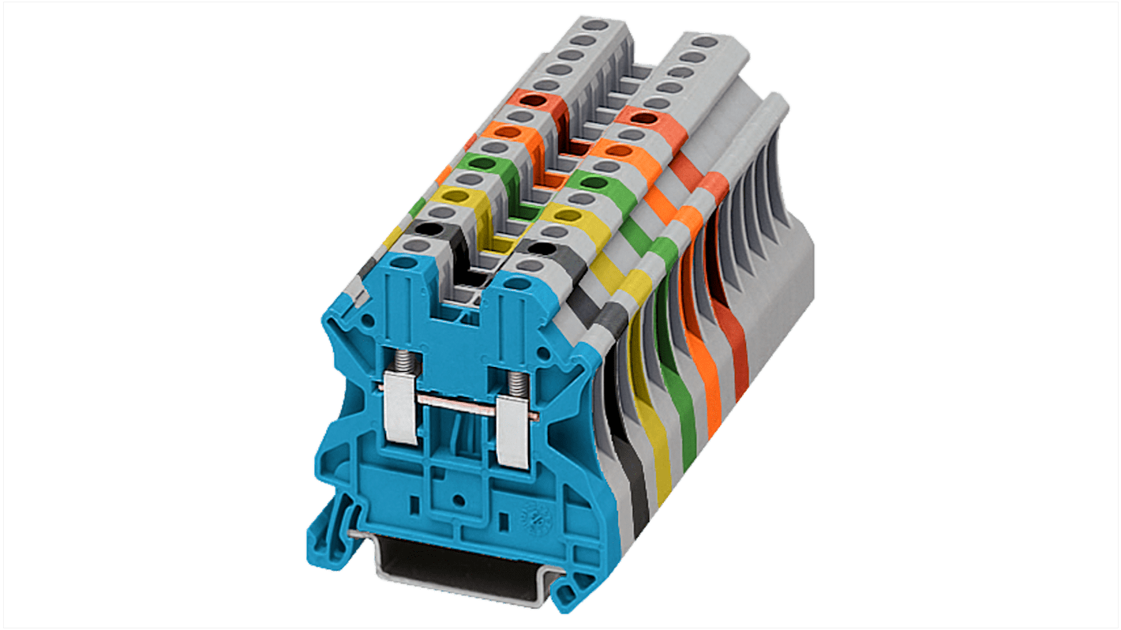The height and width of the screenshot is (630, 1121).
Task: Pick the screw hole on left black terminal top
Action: pos(427,229)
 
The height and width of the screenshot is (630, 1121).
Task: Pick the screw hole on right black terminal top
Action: pos(539,249)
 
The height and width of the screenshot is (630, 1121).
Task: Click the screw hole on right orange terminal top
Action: pos(619,149)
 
